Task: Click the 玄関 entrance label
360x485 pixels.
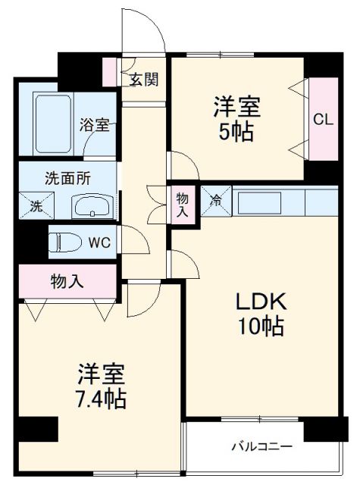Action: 142,79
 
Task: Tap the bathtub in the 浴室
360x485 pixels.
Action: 53,124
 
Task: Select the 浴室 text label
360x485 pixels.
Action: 95,125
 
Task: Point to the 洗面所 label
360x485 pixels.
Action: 67,179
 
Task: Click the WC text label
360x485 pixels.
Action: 99,243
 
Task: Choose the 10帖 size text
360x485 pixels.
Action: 259,327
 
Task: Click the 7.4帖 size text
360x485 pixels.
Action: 100,398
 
